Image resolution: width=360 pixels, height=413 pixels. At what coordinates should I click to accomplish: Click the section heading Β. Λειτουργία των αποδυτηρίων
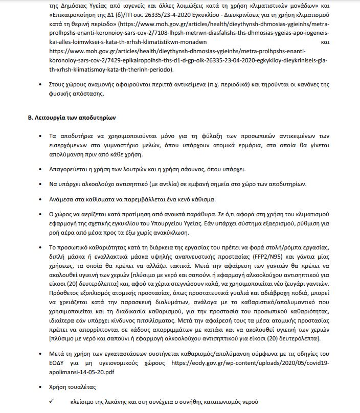(x=72, y=118)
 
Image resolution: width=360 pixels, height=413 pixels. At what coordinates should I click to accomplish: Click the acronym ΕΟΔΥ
(x=58, y=362)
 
